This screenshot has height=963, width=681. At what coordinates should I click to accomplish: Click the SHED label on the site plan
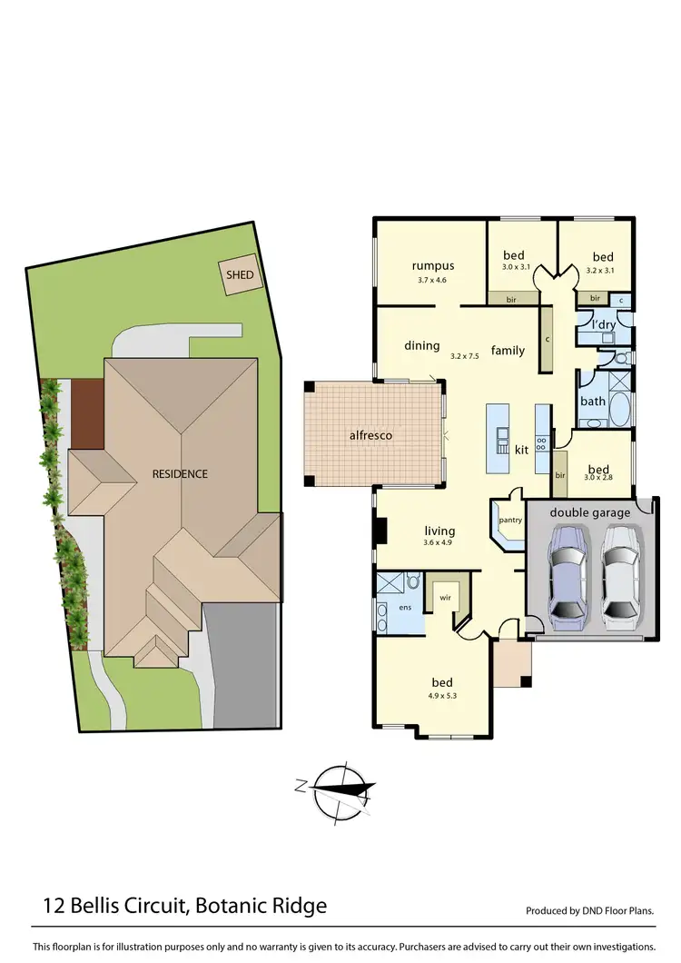tap(241, 274)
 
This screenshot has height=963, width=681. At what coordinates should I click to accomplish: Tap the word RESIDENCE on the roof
tap(180, 473)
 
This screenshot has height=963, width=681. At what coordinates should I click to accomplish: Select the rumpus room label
tap(432, 266)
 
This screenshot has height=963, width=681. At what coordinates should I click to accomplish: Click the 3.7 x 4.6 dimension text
tap(432, 281)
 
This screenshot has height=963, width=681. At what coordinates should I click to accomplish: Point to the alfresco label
tap(370, 435)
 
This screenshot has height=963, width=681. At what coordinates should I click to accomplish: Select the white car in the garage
tap(619, 577)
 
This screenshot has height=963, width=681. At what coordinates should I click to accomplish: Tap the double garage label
tap(589, 512)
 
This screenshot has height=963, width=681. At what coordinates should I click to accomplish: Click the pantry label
tap(509, 521)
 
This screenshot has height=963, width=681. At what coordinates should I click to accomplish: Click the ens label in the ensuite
tap(405, 607)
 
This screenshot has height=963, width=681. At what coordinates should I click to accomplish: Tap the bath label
tap(593, 401)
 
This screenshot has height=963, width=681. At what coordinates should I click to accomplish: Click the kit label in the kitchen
tap(521, 450)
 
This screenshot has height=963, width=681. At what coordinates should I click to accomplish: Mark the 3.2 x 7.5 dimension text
tap(464, 356)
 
